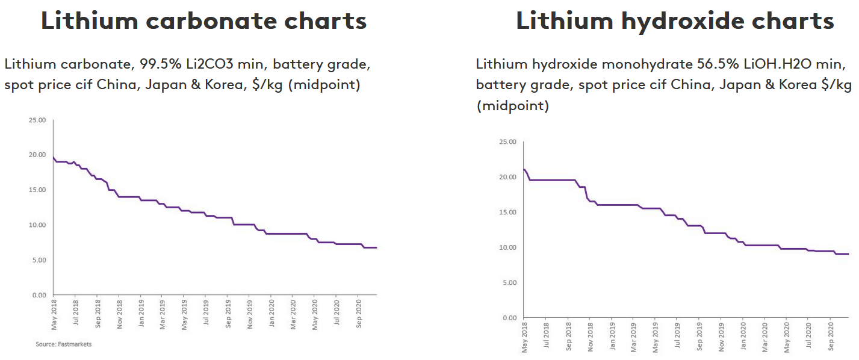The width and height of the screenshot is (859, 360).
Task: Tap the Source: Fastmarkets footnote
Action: [63, 344]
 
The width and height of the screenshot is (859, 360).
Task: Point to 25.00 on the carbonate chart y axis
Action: [37, 120]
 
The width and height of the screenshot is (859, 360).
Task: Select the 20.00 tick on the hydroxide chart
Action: [508, 177]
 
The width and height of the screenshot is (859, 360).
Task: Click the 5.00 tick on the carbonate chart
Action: [39, 260]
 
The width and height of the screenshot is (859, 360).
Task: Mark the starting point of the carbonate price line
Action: [54, 158]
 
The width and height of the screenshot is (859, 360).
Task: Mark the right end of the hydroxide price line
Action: [848, 254]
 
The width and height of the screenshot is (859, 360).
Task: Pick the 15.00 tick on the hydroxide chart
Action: [508, 212]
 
